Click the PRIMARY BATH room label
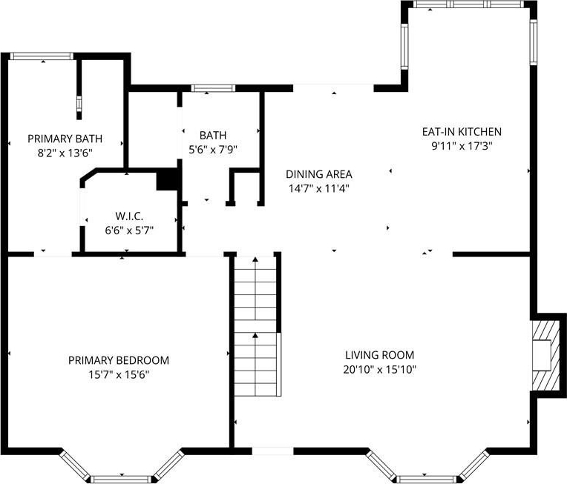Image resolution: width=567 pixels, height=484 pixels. [x=65, y=139]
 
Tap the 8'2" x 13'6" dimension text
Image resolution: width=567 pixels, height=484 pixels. [x=65, y=153]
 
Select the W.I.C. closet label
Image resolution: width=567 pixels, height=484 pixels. [x=129, y=216]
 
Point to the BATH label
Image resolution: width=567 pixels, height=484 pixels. [x=213, y=135]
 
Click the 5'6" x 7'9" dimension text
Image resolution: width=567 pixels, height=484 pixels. [x=213, y=150]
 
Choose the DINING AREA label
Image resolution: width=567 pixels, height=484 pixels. [x=319, y=174]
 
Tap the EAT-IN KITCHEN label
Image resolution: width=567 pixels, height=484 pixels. [x=462, y=131]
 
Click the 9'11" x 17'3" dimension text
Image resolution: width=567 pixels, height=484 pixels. [x=462, y=146]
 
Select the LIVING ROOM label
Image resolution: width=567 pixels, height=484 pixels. [x=380, y=355]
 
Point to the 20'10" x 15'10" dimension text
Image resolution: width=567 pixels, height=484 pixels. [x=380, y=370]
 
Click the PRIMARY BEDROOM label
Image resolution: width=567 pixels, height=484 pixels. [x=119, y=360]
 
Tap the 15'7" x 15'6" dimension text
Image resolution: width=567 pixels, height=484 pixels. [x=119, y=374]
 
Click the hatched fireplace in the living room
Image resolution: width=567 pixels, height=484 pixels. [x=545, y=356]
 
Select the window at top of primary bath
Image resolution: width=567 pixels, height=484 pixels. [x=42, y=56]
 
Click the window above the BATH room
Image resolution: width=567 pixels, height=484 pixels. [x=213, y=88]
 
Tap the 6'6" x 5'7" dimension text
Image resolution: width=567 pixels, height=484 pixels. [x=129, y=231]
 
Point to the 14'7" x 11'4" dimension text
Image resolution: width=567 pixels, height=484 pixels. [x=319, y=188]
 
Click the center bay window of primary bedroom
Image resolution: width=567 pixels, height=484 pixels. [x=121, y=480]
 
